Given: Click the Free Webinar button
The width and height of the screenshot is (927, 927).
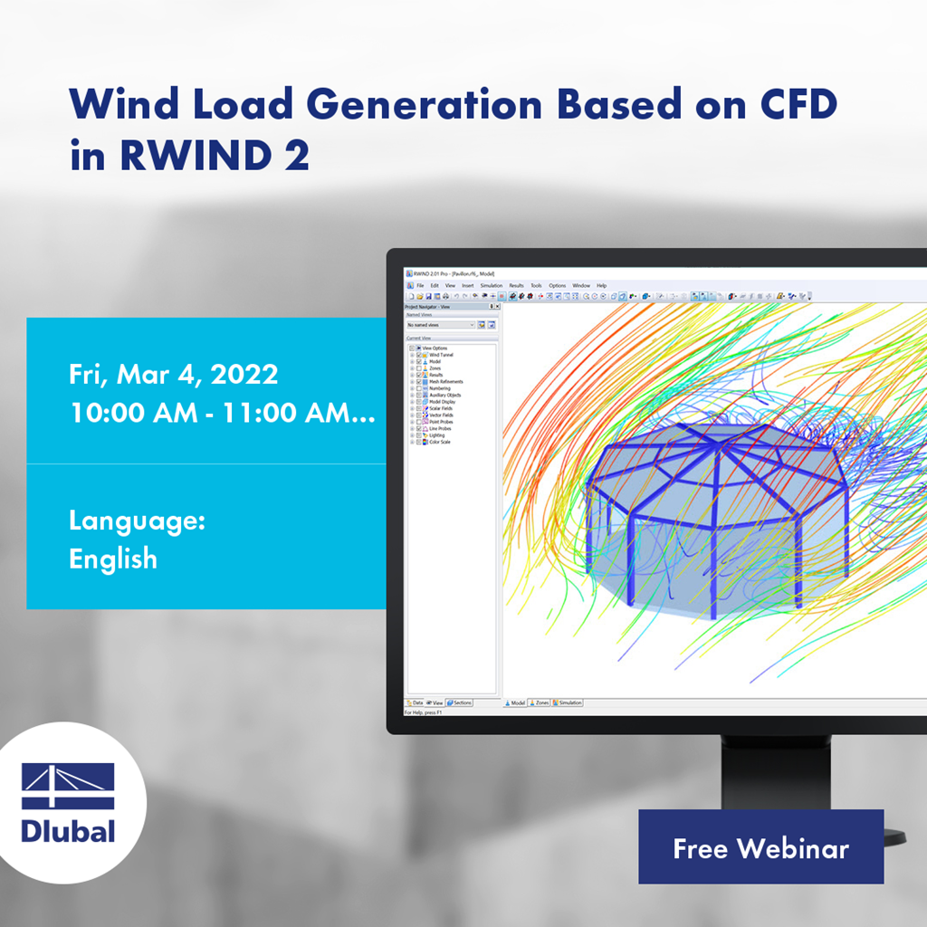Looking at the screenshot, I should pyautogui.click(x=760, y=847).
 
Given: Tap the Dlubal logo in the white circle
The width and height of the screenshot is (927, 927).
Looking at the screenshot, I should pyautogui.click(x=68, y=802).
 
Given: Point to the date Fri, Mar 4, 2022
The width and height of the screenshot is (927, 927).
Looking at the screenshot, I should pyautogui.click(x=173, y=374).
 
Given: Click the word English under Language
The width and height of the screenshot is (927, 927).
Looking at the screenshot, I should pyautogui.click(x=113, y=559).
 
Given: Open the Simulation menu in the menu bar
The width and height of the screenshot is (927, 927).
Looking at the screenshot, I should pyautogui.click(x=491, y=285).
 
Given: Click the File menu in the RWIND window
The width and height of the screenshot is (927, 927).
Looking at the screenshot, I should pyautogui.click(x=420, y=285).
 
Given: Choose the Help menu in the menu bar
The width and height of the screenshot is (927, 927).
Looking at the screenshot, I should pyautogui.click(x=601, y=285).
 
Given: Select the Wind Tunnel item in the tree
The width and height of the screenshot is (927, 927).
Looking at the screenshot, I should pyautogui.click(x=441, y=355).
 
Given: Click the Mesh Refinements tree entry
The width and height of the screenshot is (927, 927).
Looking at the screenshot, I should pyautogui.click(x=445, y=381).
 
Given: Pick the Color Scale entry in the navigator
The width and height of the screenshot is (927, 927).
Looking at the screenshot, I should pyautogui.click(x=439, y=442).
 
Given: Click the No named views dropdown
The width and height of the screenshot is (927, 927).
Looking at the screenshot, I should pyautogui.click(x=440, y=324).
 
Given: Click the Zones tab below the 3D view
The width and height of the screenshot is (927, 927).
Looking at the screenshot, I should pyautogui.click(x=540, y=702).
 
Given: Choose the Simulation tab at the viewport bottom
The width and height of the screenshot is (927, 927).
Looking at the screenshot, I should pyautogui.click(x=568, y=702).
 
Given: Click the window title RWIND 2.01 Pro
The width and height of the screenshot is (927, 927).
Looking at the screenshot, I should pyautogui.click(x=435, y=273).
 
